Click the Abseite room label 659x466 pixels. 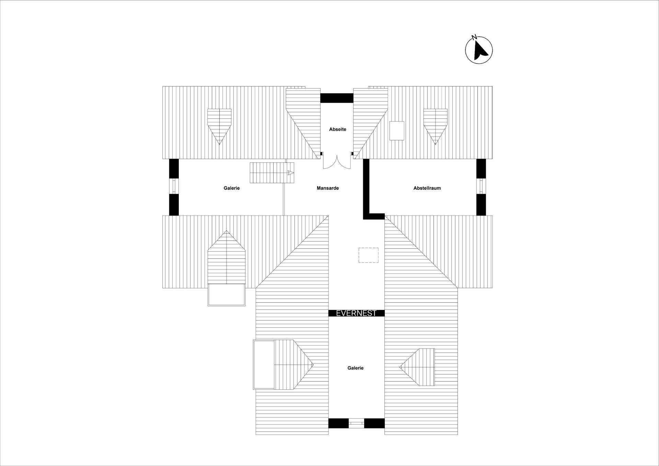[337, 129]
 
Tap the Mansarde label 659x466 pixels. [328, 188]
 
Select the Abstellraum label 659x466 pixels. [427, 188]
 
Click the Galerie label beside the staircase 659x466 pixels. [232, 188]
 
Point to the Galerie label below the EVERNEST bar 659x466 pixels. [355, 368]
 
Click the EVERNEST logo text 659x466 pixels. [356, 313]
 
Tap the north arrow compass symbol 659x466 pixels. [479, 50]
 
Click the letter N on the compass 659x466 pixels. [474, 37]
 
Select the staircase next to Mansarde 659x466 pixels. [272, 173]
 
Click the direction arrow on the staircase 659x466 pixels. [291, 173]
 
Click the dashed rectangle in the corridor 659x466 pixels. [369, 255]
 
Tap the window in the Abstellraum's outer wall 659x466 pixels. [481, 186]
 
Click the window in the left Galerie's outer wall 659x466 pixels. [174, 186]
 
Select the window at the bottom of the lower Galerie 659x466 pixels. [356, 423]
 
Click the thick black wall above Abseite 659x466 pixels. [337, 98]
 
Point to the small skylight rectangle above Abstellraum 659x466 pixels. [397, 131]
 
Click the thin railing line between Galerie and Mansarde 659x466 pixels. [284, 199]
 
